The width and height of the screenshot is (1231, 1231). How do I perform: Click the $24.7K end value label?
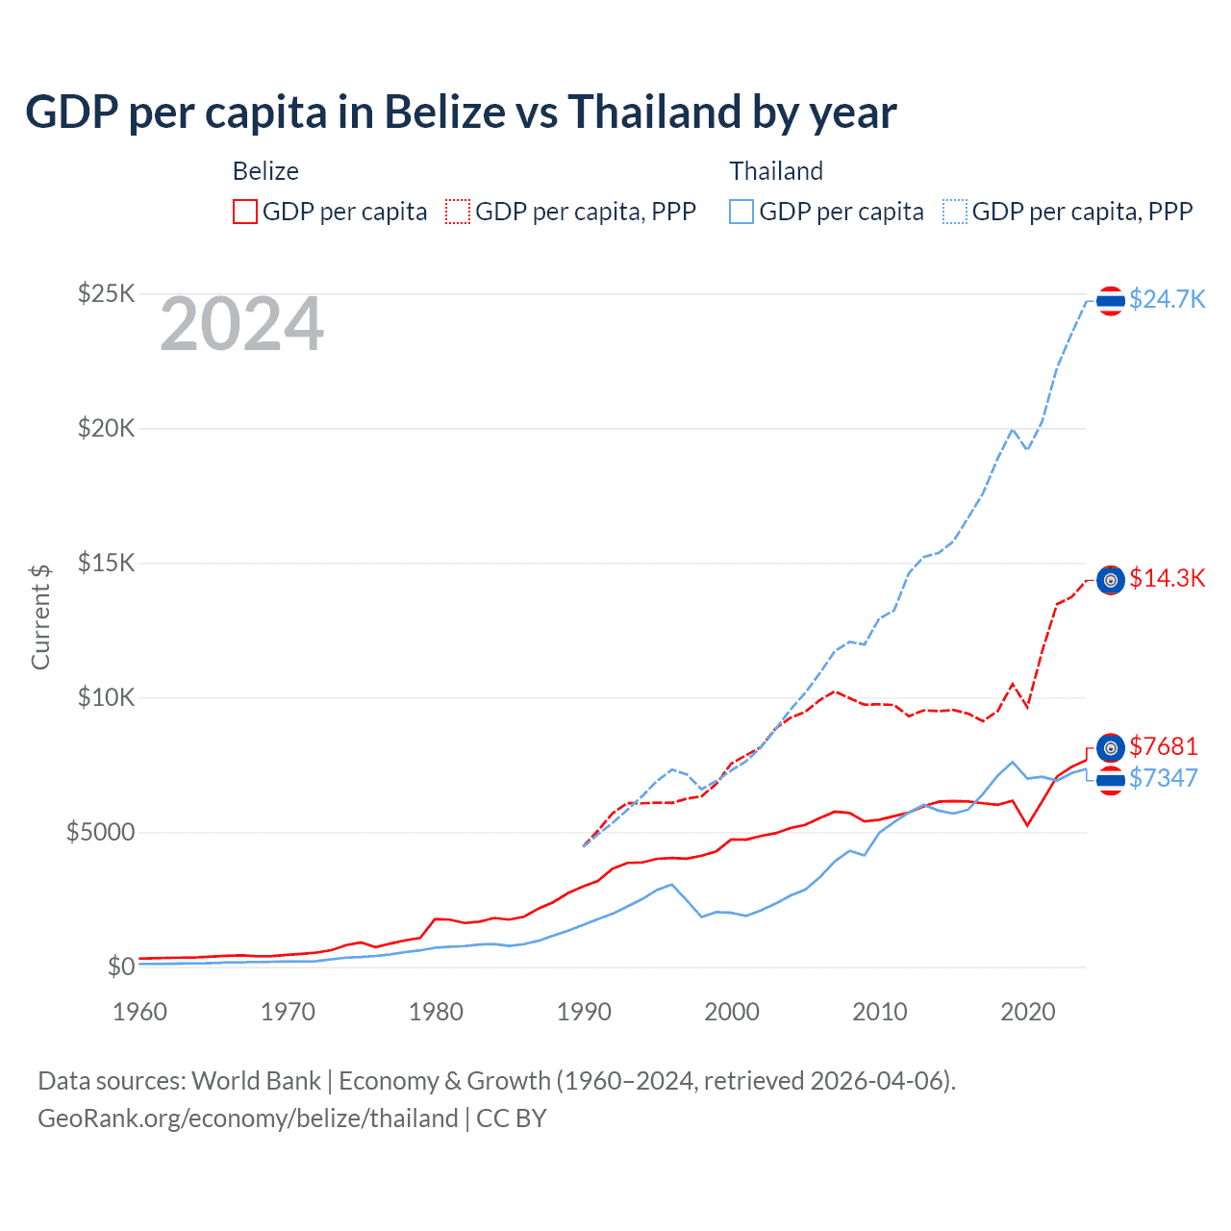[x=1167, y=299]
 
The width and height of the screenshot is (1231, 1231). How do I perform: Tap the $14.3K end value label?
[x=1167, y=578]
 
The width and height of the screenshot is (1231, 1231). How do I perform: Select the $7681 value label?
[x=1163, y=746]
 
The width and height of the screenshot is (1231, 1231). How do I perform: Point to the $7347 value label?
[x=1163, y=778]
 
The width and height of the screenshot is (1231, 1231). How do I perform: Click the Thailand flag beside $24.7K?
[x=1111, y=301]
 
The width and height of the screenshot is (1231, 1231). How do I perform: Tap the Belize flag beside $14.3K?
[x=1111, y=580]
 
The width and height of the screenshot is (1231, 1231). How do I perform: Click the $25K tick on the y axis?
[x=106, y=293]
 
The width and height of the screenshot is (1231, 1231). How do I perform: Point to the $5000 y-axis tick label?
[x=100, y=832]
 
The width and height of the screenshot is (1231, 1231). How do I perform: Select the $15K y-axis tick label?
[x=106, y=563]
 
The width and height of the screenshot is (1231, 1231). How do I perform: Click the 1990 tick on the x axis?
[x=584, y=1012]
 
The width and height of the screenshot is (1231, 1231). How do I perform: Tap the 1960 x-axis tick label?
[x=140, y=1012]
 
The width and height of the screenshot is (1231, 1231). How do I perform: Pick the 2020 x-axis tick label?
[x=1028, y=1012]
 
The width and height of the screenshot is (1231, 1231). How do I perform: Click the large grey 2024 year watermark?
[x=241, y=324]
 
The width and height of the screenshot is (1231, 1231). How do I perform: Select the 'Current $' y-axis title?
[x=40, y=616]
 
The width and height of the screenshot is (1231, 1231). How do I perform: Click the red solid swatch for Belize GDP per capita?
[x=245, y=212]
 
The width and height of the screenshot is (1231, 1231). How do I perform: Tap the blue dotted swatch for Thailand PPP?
[x=955, y=212]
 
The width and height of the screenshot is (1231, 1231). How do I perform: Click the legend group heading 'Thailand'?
[x=776, y=171]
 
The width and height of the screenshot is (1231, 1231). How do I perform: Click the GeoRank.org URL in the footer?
[x=248, y=1118]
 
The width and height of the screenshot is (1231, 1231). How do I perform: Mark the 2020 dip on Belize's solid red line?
[x=1028, y=825]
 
